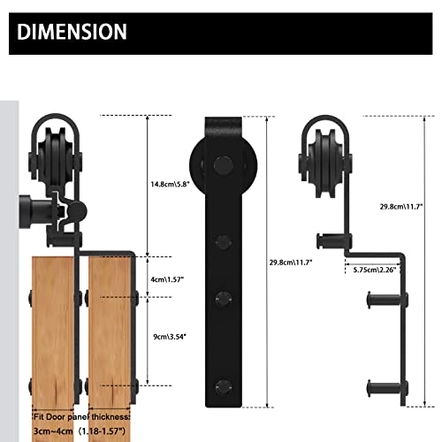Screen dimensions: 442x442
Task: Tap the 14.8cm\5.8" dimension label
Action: [169, 185]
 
